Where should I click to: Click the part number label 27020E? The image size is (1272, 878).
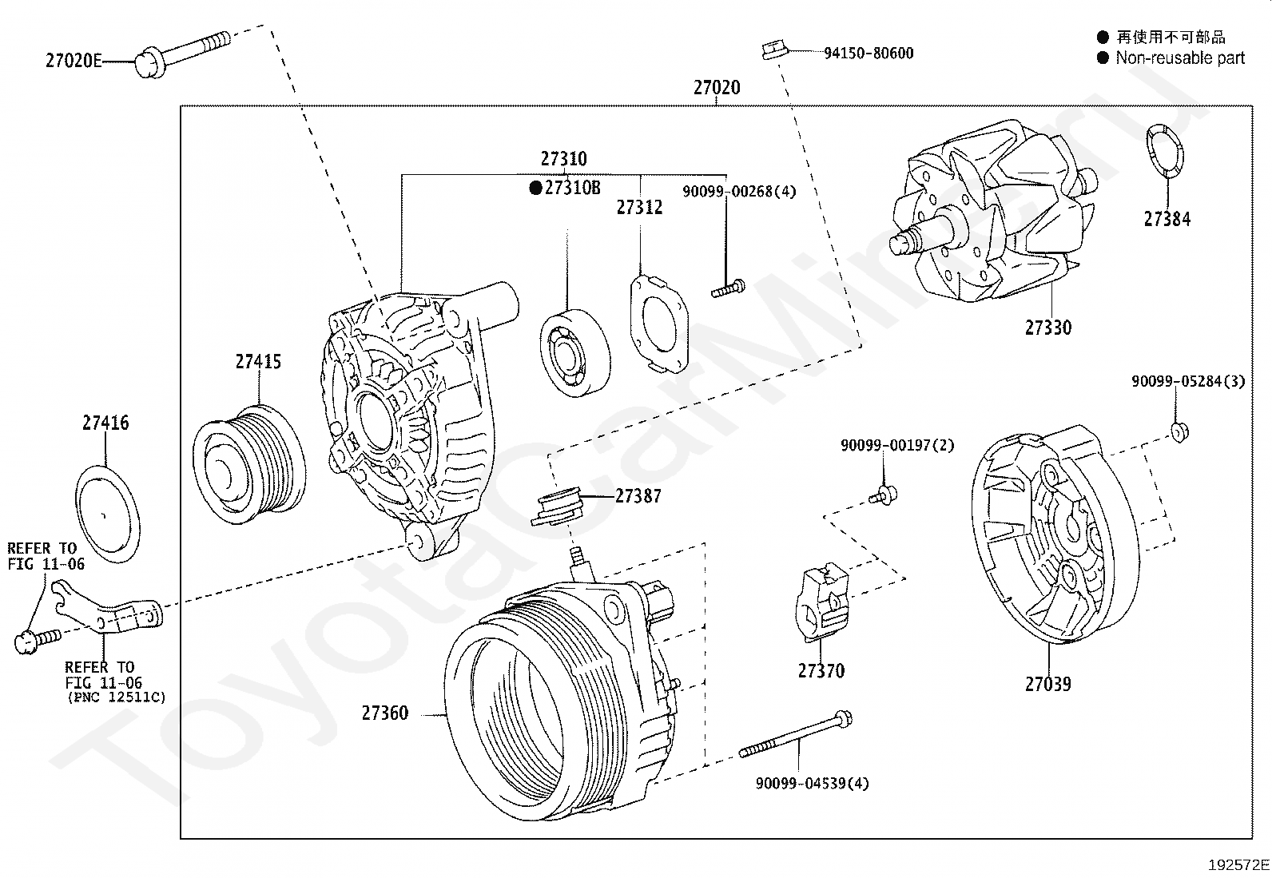[74, 60]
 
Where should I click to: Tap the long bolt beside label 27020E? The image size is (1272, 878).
[182, 54]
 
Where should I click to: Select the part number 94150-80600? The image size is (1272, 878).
[869, 53]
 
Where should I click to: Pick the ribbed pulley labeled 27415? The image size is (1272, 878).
[249, 464]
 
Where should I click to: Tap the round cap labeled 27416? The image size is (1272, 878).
[107, 514]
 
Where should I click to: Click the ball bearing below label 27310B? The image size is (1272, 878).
[575, 352]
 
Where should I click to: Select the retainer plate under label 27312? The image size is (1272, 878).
[659, 324]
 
